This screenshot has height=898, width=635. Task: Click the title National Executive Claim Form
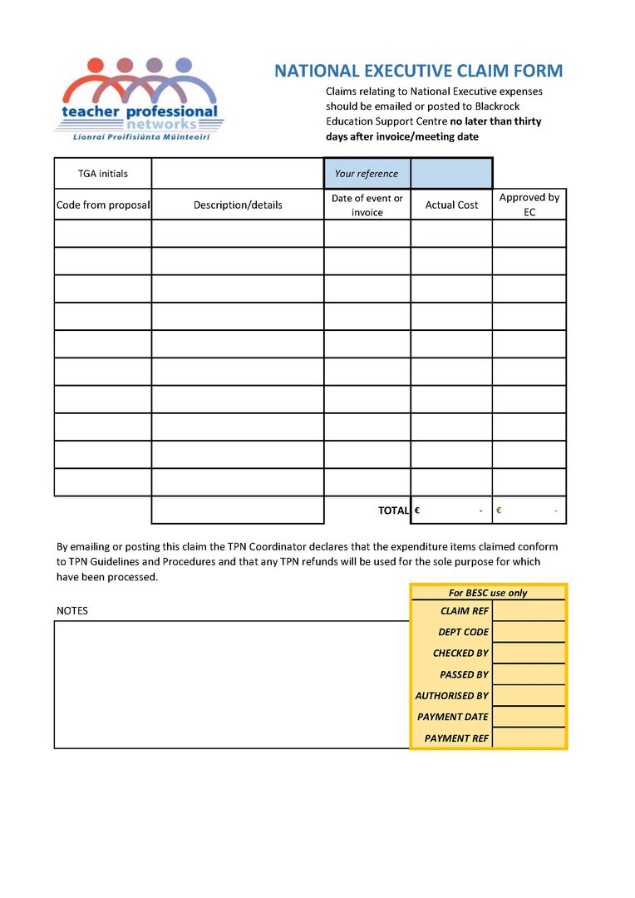[x=418, y=72]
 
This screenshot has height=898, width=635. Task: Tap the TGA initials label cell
[x=103, y=174]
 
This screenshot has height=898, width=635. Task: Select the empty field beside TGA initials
[x=237, y=174]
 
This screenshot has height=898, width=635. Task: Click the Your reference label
[x=367, y=174]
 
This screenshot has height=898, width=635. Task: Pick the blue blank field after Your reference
[x=451, y=174]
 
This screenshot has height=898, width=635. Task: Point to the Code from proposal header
[x=103, y=205]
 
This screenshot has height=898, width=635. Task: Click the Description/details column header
[x=238, y=205]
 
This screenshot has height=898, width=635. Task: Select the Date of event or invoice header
[x=367, y=205]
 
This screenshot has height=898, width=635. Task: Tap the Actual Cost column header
[x=451, y=205]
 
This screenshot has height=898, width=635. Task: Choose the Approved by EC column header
[x=529, y=205]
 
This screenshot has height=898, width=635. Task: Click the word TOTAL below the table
[x=393, y=511]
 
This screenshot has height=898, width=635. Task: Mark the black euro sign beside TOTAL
[x=416, y=511]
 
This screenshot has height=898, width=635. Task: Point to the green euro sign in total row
[x=499, y=511]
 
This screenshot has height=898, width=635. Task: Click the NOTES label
[x=72, y=610]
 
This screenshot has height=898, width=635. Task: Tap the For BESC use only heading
[x=488, y=593]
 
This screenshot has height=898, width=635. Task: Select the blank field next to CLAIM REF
[x=529, y=611]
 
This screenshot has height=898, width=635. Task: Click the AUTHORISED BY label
[x=452, y=696]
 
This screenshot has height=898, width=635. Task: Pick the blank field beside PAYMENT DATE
[x=529, y=717]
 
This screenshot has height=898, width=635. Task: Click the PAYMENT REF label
[x=456, y=738]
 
